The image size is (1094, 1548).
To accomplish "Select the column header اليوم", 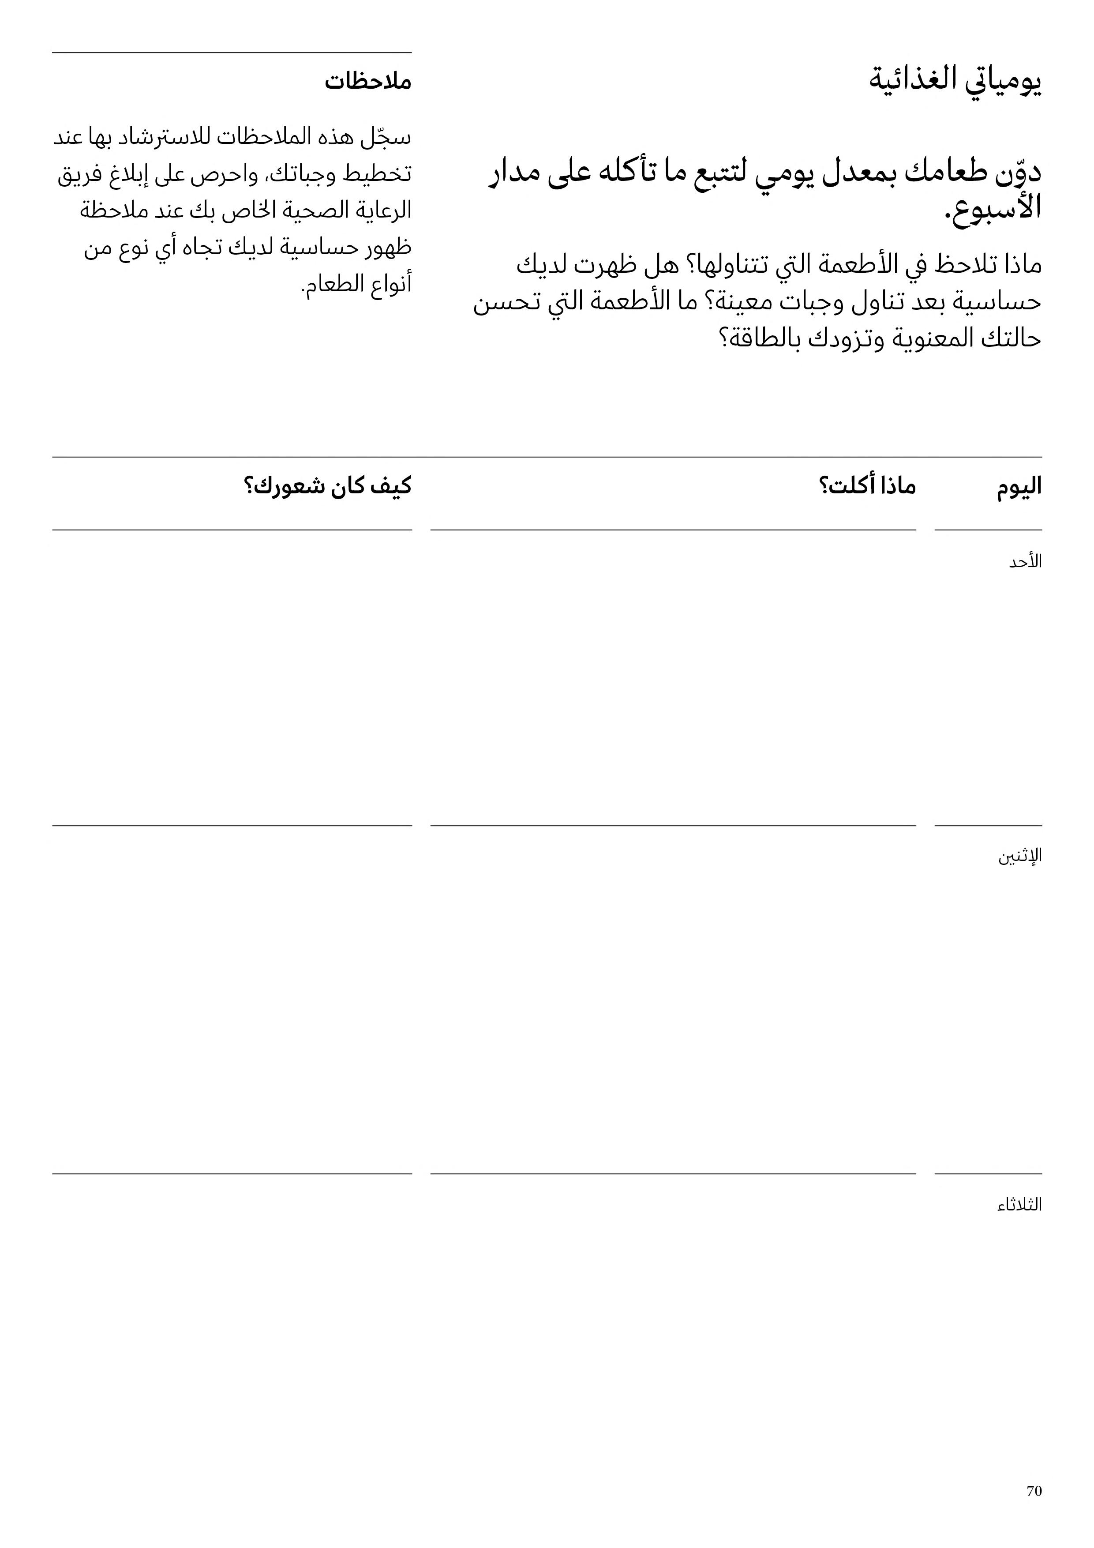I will click(1019, 486).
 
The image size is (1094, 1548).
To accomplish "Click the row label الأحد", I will click(1025, 562).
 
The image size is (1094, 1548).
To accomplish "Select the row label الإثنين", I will click(1020, 856).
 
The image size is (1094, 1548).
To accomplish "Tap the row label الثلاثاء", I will click(1019, 1204).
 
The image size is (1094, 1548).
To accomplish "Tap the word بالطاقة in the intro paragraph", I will click(776, 338).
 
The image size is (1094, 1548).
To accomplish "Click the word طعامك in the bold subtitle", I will click(946, 172).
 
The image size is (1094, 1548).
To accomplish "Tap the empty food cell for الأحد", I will click(673, 678).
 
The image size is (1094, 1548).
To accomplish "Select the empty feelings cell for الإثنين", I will click(232, 999).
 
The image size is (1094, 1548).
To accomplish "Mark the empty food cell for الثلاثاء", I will click(673, 1341).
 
